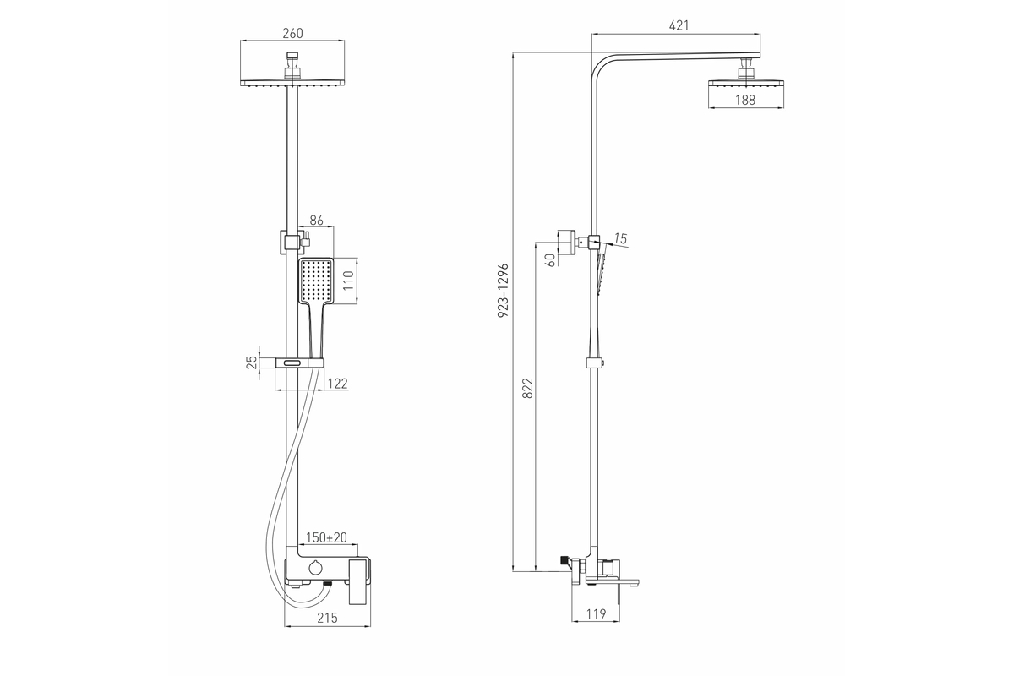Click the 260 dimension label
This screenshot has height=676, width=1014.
(x=292, y=33)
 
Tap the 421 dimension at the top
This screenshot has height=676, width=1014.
(x=679, y=25)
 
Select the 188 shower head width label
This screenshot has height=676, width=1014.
(x=745, y=100)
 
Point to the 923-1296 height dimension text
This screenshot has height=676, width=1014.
(x=504, y=290)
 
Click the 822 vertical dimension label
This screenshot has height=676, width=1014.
(x=528, y=388)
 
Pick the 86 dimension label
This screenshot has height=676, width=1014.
(x=316, y=220)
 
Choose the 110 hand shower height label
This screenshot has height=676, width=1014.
(x=347, y=281)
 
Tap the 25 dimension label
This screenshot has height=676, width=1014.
(x=251, y=363)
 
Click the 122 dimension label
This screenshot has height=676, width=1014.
(x=337, y=384)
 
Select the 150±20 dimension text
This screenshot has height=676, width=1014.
(x=326, y=537)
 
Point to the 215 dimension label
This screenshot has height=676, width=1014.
(x=327, y=618)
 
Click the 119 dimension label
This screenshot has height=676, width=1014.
(x=597, y=614)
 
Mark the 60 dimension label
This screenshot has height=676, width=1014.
(x=550, y=260)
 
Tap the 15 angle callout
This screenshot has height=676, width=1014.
(x=620, y=238)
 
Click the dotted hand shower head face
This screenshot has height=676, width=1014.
(x=316, y=280)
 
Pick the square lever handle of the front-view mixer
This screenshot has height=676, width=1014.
(x=360, y=581)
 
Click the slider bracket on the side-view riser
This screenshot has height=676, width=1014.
(x=595, y=363)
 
